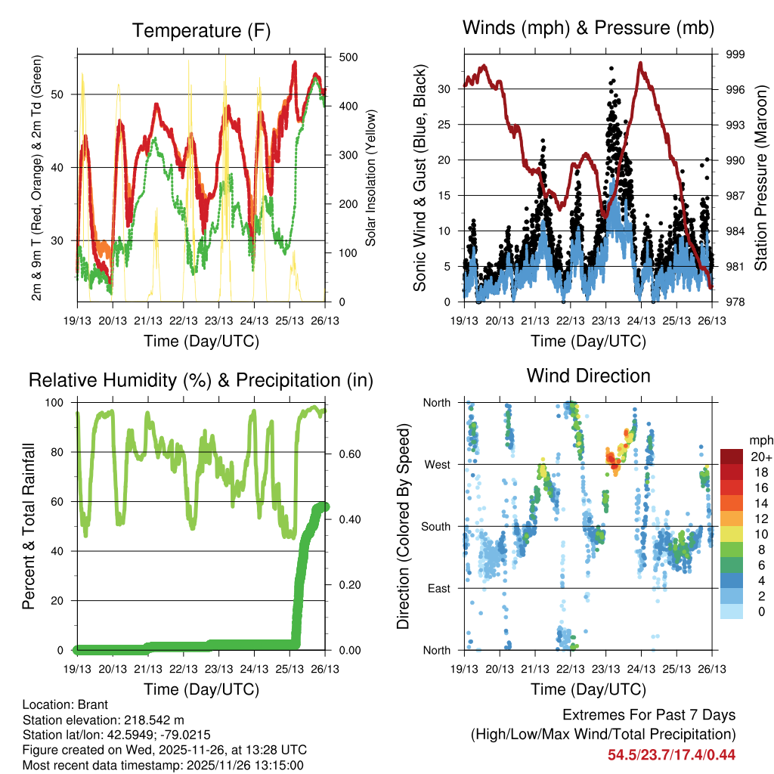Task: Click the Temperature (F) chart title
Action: coord(201,31)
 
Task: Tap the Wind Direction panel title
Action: coord(588,376)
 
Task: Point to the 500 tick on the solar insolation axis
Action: coord(339,57)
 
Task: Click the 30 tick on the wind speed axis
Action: coord(446,89)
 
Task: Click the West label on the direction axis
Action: coord(438,464)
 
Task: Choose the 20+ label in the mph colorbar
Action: coord(759,457)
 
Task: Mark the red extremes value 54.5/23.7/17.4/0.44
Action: coord(671,754)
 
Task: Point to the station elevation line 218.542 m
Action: coord(104,720)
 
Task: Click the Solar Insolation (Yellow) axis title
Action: coord(371,178)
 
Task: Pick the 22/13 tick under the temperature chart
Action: coord(184,309)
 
